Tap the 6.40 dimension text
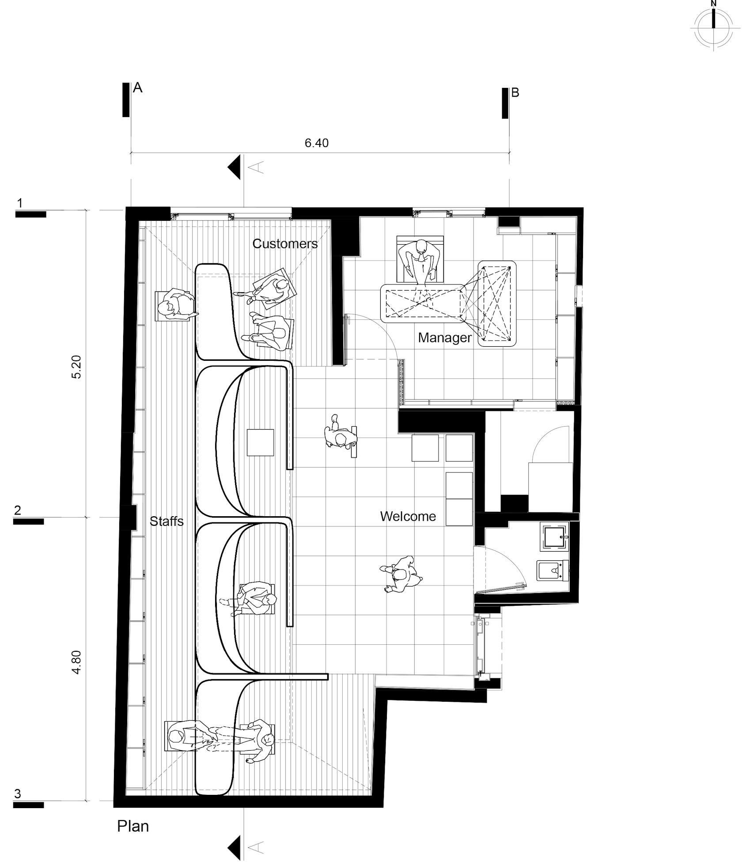[317, 143]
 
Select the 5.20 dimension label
[76, 367]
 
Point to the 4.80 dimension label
[76, 662]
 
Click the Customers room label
[285, 244]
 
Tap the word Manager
[444, 338]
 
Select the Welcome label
[408, 516]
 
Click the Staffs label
[167, 522]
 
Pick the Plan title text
[133, 826]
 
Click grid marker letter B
[515, 93]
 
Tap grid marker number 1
[19, 203]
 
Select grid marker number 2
[18, 510]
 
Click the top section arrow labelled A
[235, 167]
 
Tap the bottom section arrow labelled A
[235, 847]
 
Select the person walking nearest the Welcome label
[401, 574]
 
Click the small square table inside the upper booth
[260, 442]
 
